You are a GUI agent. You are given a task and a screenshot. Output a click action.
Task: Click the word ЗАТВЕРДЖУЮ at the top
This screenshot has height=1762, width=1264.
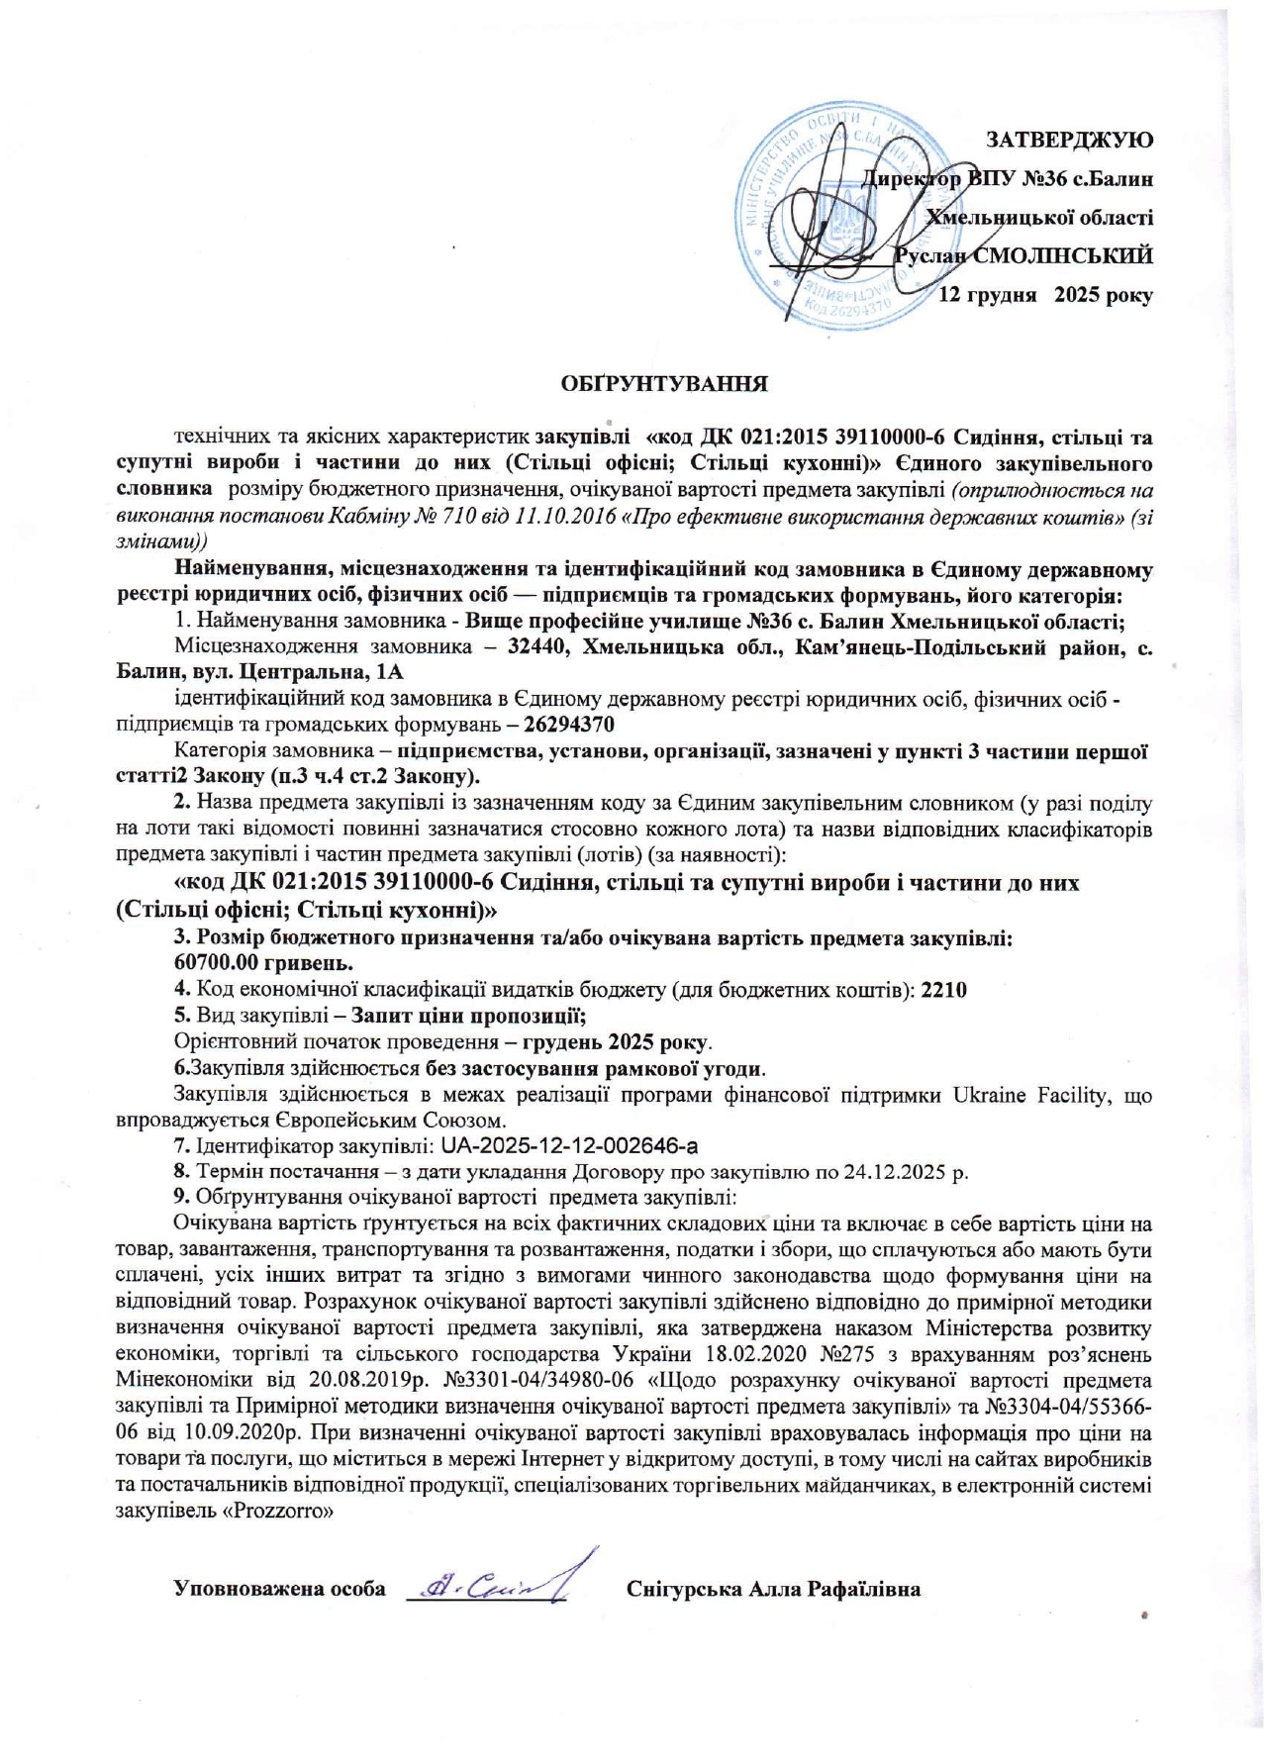point(1069,140)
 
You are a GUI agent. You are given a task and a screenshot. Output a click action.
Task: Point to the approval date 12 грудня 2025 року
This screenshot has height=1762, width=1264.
point(1044,295)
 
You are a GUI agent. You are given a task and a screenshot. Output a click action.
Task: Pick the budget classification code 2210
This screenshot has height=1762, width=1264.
point(943,989)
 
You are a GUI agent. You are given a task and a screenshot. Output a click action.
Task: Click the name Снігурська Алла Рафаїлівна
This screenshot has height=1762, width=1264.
point(773,1590)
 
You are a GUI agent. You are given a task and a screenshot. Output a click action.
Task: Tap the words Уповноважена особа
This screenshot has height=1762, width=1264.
point(279,1590)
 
